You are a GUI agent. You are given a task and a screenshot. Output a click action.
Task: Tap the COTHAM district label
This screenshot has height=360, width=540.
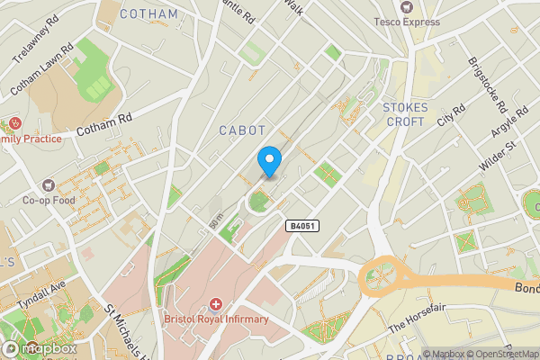(148, 13)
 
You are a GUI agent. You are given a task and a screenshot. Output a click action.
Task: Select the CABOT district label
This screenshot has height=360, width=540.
(242, 130)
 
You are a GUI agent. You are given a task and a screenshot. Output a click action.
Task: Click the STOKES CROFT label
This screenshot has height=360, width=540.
(404, 114)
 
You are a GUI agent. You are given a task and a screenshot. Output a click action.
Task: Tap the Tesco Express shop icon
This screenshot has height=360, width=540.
(407, 6)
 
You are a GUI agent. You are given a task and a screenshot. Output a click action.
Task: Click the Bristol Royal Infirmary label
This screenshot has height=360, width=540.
(216, 319)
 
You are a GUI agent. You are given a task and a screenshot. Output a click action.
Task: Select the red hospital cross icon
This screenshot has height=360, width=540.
(216, 304)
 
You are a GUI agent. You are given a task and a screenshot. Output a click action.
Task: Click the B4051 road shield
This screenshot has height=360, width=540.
(303, 225)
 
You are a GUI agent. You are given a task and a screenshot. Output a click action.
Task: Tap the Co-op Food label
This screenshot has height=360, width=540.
(49, 201)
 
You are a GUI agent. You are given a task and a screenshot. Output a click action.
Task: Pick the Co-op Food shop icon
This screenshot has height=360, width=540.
(66, 183)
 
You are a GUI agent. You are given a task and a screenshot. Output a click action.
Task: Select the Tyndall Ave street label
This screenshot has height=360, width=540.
(41, 297)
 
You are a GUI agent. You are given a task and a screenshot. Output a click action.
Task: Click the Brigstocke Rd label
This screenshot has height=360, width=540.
(487, 86)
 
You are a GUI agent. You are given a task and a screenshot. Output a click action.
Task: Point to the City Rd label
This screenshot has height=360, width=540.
(451, 114)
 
